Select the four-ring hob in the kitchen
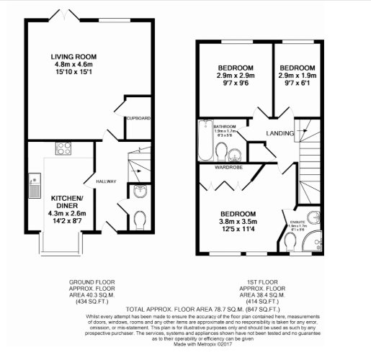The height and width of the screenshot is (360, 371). click(x=60, y=150)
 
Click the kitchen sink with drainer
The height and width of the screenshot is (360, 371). click(x=32, y=186)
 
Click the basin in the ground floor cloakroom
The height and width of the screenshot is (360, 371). click(x=140, y=191)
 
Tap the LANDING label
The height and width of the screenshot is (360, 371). click(x=280, y=133)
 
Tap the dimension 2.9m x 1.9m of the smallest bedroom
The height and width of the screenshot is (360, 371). click(x=297, y=74)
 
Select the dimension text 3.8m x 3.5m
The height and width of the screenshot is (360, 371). click(x=238, y=222)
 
